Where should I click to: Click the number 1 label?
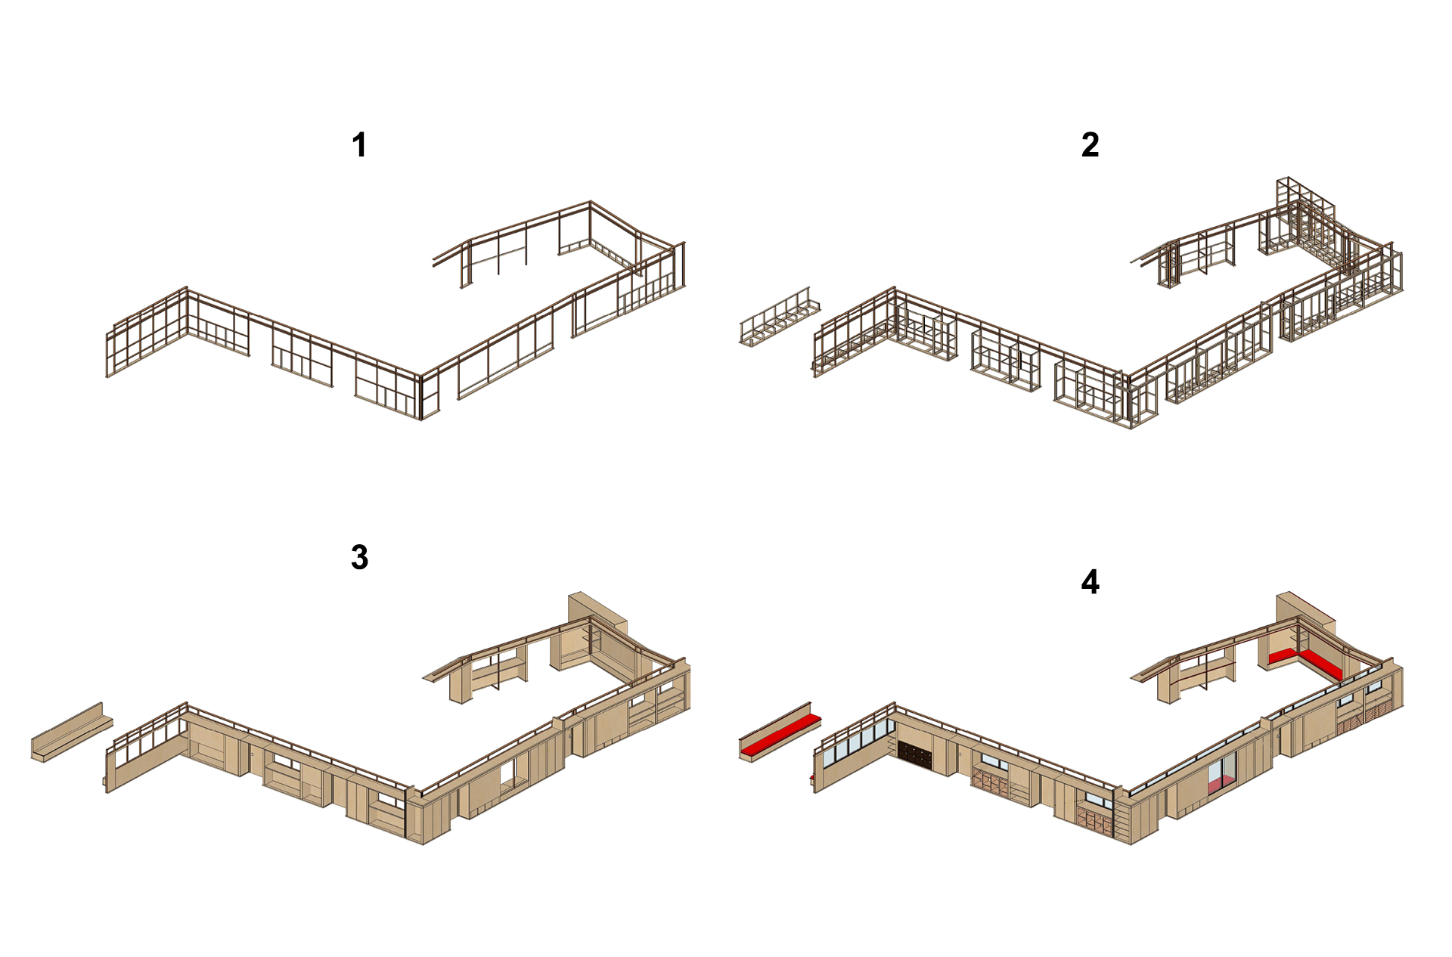359,145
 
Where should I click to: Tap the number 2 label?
1090,145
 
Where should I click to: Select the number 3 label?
359,558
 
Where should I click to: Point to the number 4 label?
1090,582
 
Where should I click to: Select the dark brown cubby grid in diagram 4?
915,752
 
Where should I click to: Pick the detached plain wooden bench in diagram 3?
72,732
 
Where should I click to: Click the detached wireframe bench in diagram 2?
780,317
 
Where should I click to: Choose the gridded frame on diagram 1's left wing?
147,332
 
